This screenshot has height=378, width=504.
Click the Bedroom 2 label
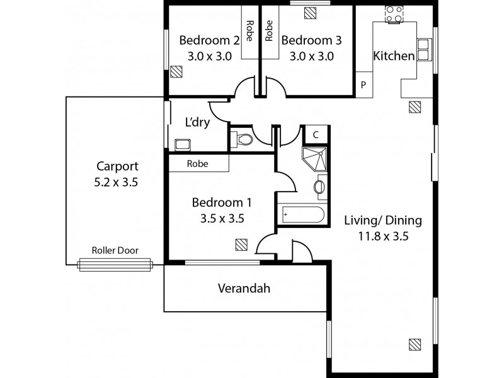[x=209, y=40]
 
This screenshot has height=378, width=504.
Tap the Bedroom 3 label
[x=311, y=40]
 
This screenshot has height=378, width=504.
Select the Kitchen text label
[x=394, y=56]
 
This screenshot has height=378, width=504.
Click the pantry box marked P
[x=363, y=85]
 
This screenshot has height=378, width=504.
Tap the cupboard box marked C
[x=315, y=134]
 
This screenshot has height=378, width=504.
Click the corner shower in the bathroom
[x=315, y=158]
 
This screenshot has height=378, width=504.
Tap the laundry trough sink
[x=183, y=144]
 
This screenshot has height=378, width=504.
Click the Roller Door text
[x=115, y=251]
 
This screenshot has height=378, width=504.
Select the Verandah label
[x=244, y=289]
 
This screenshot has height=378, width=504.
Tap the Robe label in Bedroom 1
[x=198, y=163]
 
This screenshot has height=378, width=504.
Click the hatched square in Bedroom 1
[x=241, y=244]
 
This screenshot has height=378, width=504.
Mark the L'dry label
[x=197, y=122]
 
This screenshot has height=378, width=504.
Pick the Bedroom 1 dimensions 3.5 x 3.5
[x=222, y=219]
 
